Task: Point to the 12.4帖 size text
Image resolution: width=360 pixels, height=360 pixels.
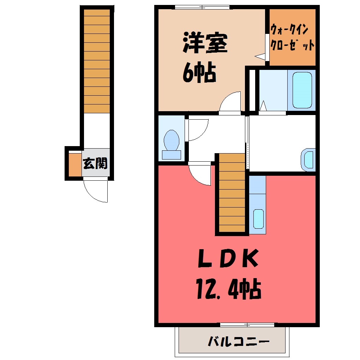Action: point(228,289)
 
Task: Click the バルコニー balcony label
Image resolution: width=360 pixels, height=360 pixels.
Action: point(238,342)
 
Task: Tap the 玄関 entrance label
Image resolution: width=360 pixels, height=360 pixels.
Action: point(95,163)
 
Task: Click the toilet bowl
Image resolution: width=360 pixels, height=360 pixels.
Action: point(172,140)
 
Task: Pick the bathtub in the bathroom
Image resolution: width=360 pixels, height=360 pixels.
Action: point(302,90)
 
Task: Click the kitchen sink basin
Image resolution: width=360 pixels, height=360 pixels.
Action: point(258,219)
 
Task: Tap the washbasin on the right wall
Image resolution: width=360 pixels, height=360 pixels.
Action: point(308,160)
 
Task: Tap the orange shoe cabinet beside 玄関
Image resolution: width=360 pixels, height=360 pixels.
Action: point(75,164)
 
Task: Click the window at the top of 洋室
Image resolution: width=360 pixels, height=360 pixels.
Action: point(202,7)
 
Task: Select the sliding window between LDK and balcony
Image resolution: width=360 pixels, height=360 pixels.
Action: point(247,325)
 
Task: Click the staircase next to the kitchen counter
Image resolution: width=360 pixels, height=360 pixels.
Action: point(232,192)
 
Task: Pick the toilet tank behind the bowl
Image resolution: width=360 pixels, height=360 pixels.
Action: point(172,155)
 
